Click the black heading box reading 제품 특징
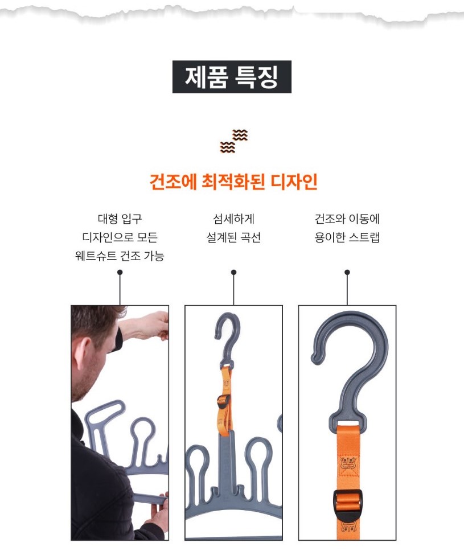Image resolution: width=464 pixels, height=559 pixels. click(x=232, y=77)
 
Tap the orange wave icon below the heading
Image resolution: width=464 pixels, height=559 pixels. click(x=233, y=141)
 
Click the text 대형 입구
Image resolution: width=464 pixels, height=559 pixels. click(x=120, y=219)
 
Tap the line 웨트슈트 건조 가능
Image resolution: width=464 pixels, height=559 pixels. click(x=120, y=256)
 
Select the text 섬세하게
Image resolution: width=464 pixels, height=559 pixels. click(x=233, y=219)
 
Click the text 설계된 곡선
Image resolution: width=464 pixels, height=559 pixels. click(x=233, y=237)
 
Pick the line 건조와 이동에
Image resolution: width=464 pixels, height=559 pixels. click(x=347, y=219)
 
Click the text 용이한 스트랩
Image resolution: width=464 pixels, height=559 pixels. click(x=347, y=237)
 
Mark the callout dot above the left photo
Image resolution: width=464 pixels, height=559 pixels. click(x=120, y=272)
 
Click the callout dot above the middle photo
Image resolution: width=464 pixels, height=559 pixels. click(x=233, y=272)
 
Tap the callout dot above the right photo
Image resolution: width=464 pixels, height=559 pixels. click(x=347, y=272)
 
